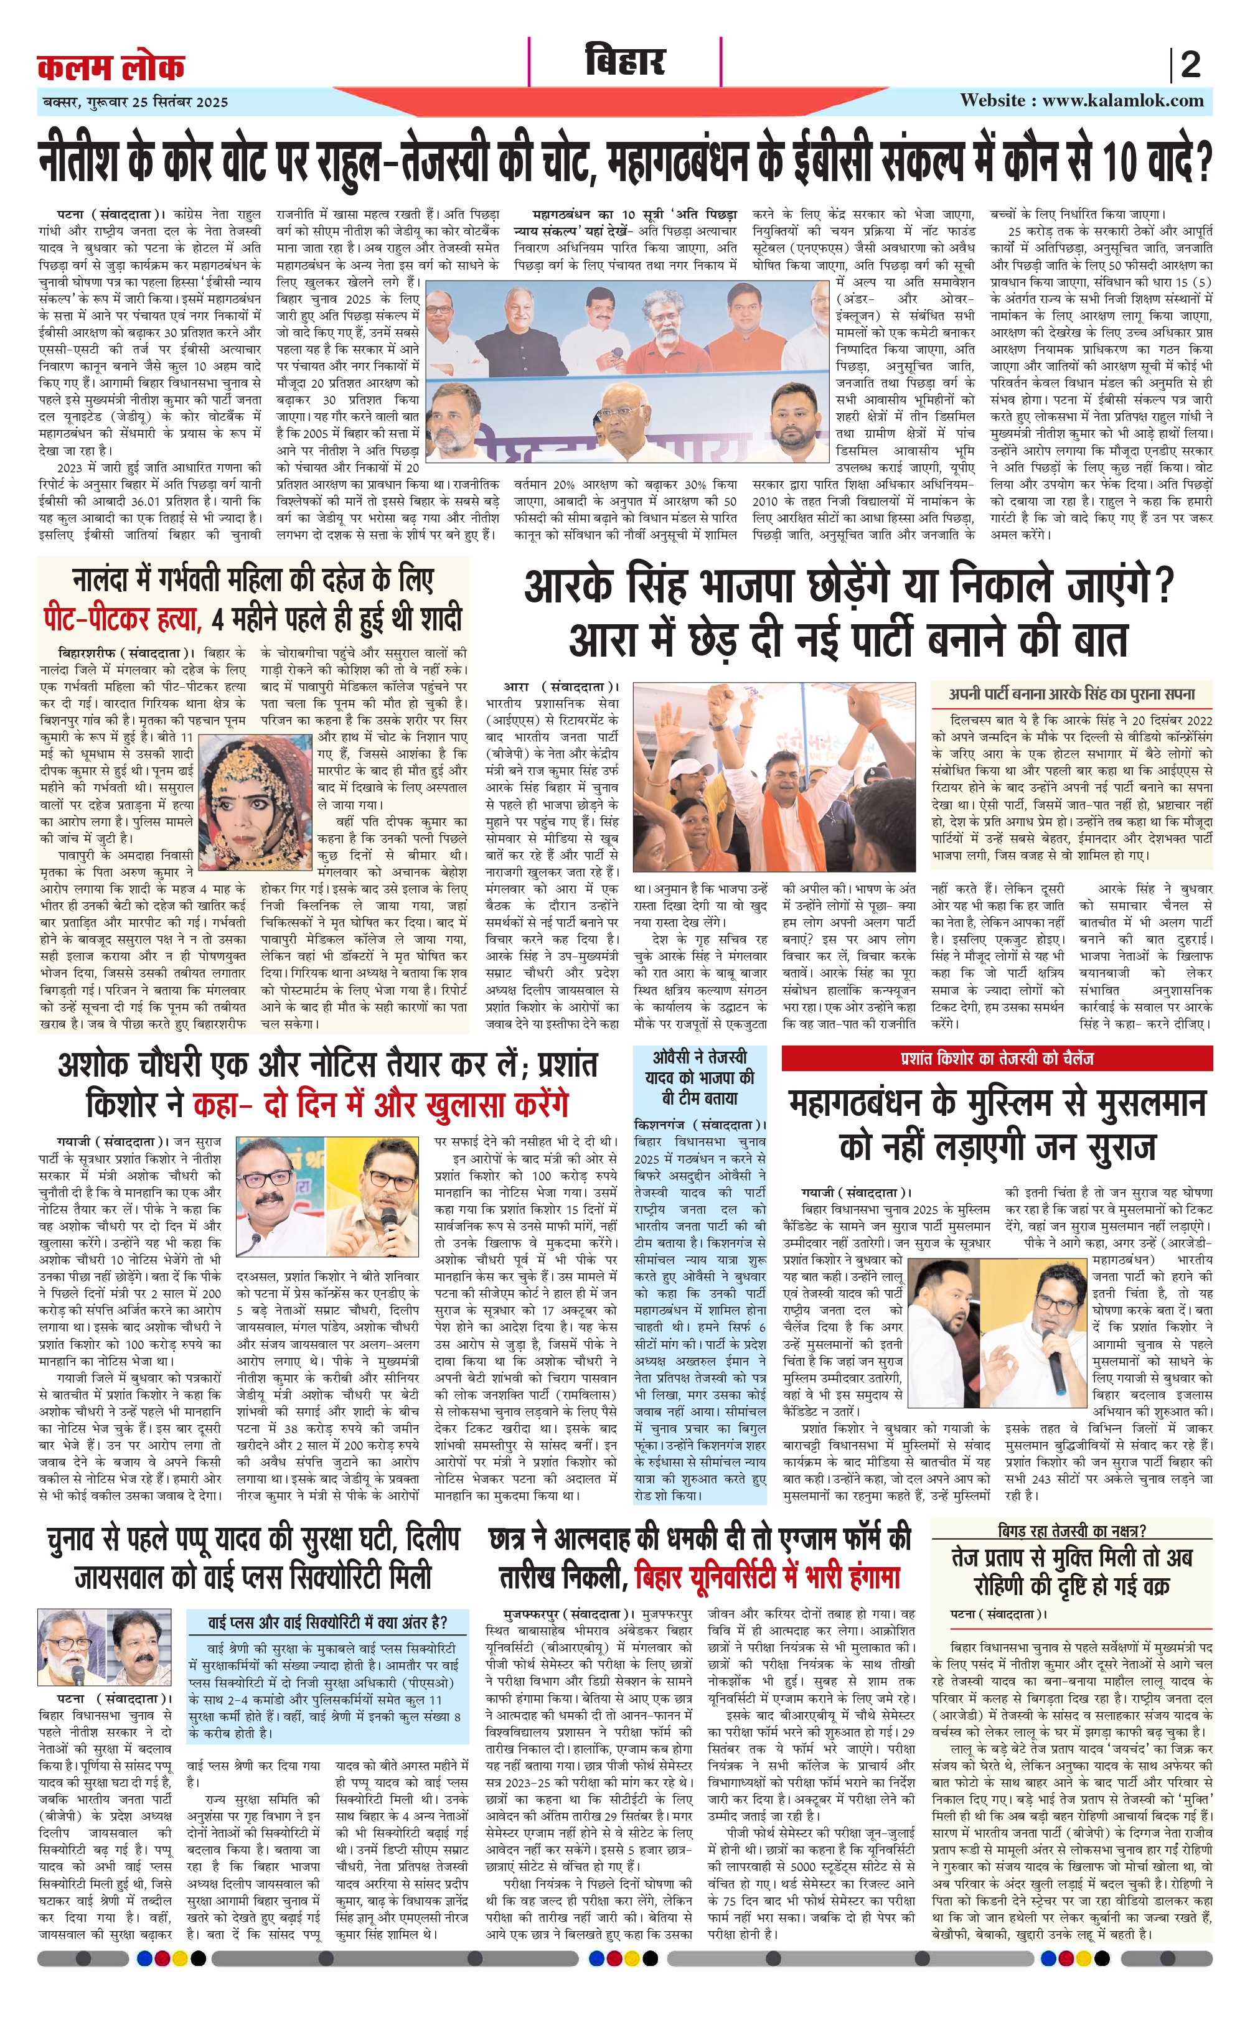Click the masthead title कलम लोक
pyautogui.click(x=111, y=66)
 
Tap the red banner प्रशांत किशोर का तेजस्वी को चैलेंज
pyautogui.click(x=996, y=1058)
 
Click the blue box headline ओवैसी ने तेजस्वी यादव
pyautogui.click(x=700, y=1077)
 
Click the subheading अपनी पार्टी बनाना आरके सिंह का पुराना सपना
pyautogui.click(x=1071, y=693)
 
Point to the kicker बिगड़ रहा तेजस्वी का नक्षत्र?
pyautogui.click(x=1071, y=1530)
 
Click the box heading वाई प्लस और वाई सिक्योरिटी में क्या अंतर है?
pyautogui.click(x=327, y=1622)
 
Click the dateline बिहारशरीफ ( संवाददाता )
pyautogui.click(x=126, y=653)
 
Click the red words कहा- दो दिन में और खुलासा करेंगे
pyautogui.click(x=381, y=1104)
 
